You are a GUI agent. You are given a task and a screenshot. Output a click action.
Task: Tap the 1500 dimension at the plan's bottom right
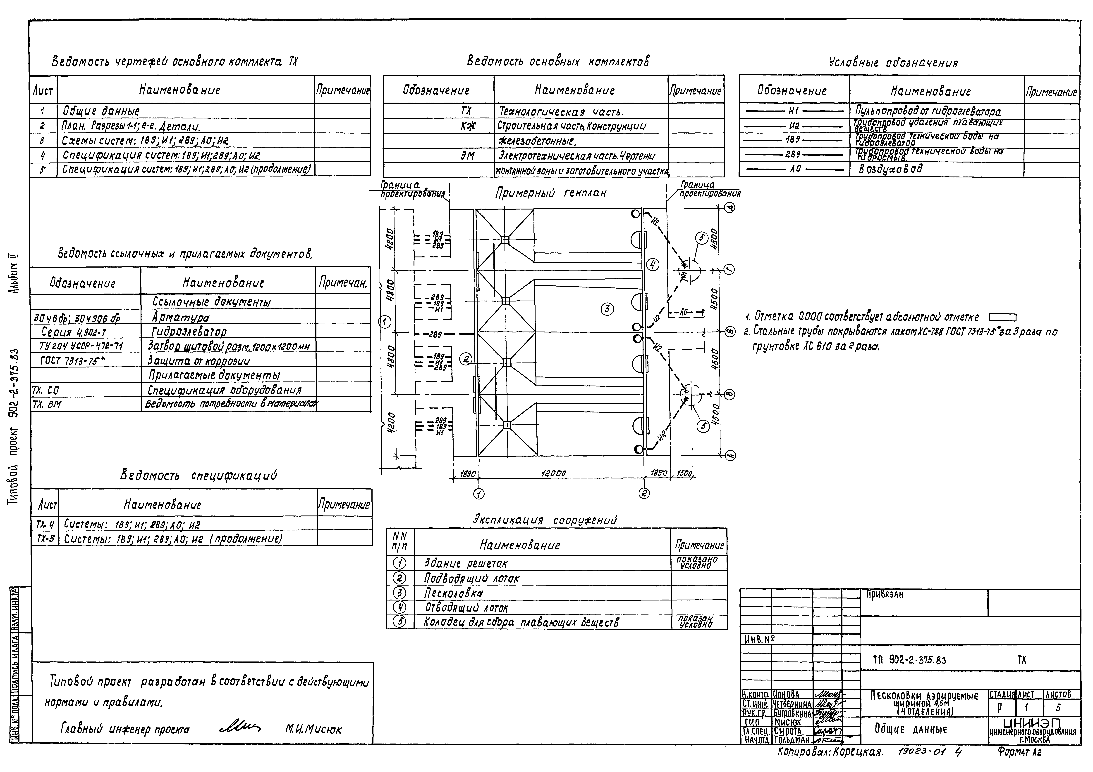[x=684, y=474]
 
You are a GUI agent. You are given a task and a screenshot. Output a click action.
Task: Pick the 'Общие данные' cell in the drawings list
[x=101, y=111]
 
